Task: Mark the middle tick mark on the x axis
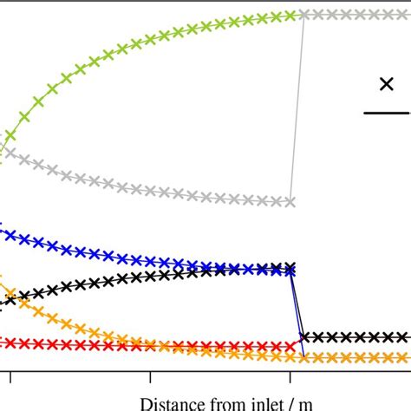[151, 378]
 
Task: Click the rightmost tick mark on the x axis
[290, 378]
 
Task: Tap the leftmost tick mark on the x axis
[11, 378]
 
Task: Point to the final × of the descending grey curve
[291, 202]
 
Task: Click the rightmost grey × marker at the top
[404, 15]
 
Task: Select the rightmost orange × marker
[404, 357]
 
